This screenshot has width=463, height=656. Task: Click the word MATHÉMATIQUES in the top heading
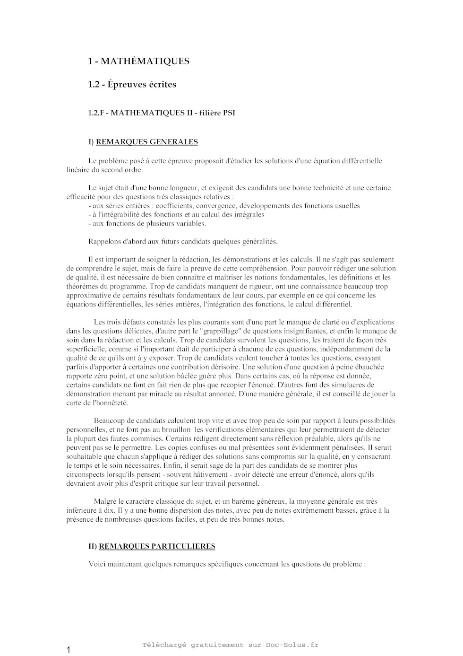(145, 61)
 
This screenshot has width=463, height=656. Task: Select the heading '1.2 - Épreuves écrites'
(132, 85)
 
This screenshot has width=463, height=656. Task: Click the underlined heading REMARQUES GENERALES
(147, 142)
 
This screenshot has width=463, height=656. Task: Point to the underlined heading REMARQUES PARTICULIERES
(157, 546)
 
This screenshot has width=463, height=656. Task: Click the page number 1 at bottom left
(69, 650)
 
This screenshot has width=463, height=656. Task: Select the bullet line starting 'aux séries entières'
(224, 206)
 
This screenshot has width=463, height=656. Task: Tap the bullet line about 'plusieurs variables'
(147, 224)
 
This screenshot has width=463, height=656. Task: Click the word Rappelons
(104, 242)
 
